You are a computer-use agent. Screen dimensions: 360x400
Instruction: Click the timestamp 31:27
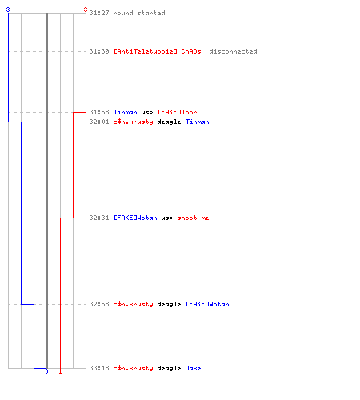(x=99, y=13)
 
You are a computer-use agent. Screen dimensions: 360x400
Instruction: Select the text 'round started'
(x=139, y=13)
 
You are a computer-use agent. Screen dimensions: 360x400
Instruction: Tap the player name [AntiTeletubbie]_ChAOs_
(x=159, y=51)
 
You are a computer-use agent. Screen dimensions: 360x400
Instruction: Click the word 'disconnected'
(x=233, y=51)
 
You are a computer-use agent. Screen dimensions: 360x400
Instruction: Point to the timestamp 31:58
(x=99, y=112)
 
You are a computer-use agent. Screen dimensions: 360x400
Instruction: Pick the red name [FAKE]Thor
(x=178, y=112)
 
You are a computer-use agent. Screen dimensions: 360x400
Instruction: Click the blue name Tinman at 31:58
(x=126, y=112)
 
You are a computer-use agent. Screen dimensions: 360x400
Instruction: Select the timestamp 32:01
(x=99, y=122)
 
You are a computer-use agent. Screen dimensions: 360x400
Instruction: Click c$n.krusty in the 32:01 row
(x=134, y=122)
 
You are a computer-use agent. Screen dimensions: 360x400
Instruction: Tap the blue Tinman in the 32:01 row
(x=198, y=122)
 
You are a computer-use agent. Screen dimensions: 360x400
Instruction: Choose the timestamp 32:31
(x=99, y=218)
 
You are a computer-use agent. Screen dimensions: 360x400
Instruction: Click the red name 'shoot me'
(x=194, y=218)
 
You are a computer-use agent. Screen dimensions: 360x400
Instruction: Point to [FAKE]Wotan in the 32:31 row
(x=135, y=218)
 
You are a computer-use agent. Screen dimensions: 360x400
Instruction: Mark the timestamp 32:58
(x=99, y=304)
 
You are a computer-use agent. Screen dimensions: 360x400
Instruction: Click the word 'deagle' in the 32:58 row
(x=169, y=305)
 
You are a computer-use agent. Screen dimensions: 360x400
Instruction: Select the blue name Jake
(x=193, y=368)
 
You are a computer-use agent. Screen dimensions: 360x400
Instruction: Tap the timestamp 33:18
(x=99, y=368)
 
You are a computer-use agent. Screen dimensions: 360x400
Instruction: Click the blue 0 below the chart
(x=46, y=371)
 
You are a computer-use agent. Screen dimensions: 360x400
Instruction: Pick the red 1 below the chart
(x=60, y=371)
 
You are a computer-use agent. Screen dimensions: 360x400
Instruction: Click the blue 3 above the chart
(x=8, y=10)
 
